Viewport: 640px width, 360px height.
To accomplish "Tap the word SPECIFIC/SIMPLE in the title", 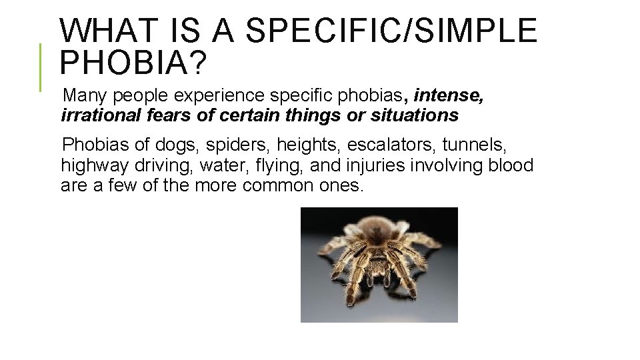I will tap(391, 31).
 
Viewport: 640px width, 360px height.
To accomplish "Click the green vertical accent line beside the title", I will tap(41, 67).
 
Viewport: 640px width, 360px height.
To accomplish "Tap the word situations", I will tap(416, 116).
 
